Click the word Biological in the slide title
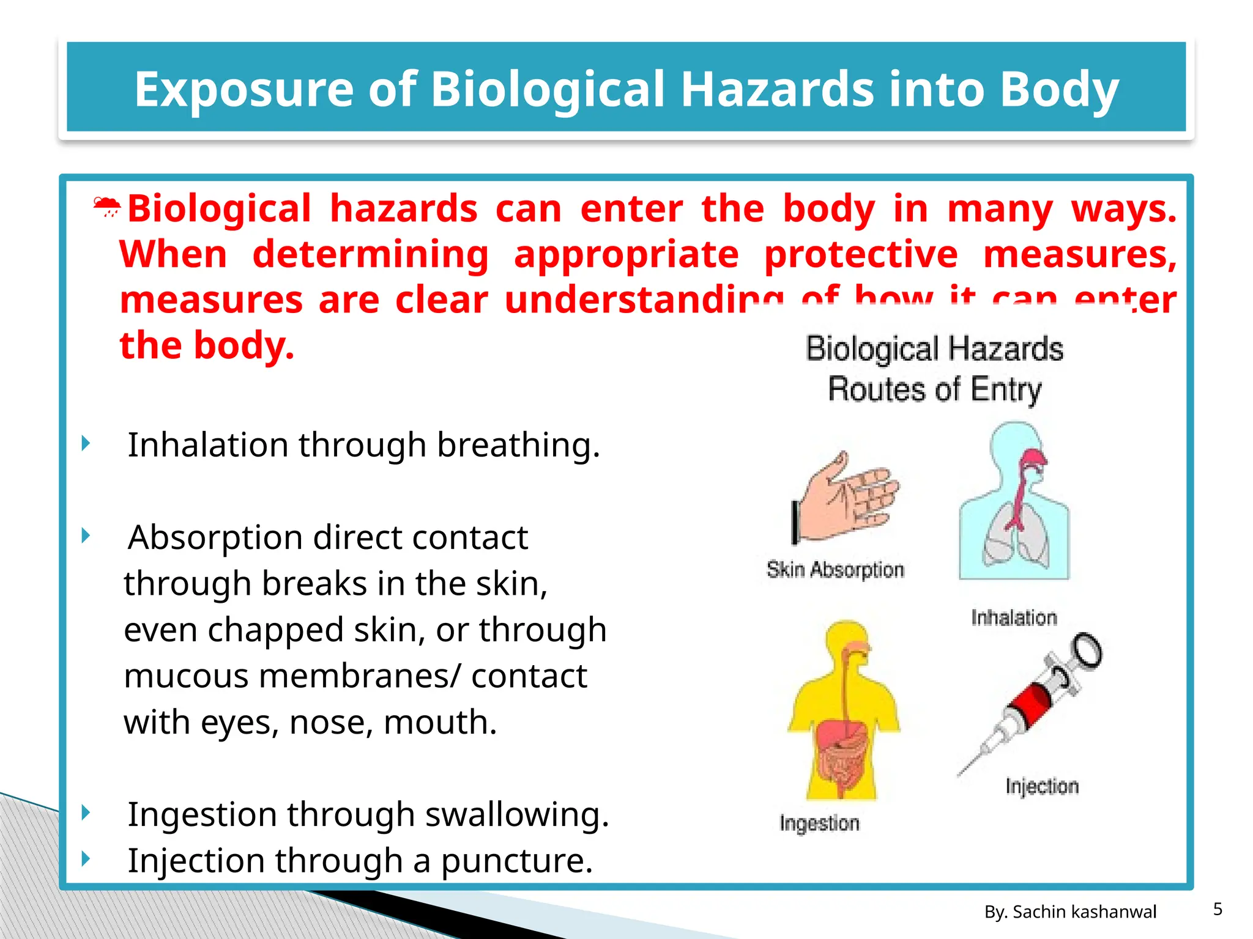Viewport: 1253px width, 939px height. (548, 89)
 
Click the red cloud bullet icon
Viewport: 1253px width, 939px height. (107, 207)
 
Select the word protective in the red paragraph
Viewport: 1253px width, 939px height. (861, 254)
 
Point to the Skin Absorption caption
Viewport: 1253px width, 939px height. (835, 570)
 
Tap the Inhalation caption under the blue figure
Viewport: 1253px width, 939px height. (1014, 618)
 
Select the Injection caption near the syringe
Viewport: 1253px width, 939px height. (1042, 786)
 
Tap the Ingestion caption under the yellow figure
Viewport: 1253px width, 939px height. (819, 823)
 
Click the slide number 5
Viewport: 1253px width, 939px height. (1218, 910)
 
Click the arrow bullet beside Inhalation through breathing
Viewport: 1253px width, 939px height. (86, 443)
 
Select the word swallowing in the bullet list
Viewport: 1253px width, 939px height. (517, 815)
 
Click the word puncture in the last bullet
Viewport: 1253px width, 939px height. (517, 861)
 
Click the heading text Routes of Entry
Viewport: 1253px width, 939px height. (934, 390)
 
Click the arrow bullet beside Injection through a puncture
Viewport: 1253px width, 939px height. (86, 859)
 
